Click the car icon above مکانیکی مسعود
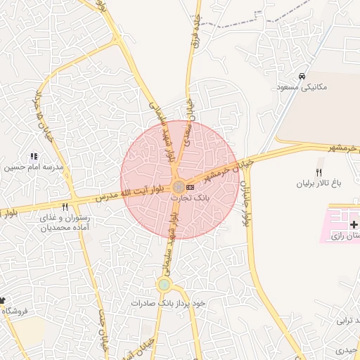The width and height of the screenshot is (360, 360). (302, 77)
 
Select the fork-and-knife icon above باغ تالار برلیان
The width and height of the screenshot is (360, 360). (319, 173)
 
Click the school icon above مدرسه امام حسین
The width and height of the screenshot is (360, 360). (33, 156)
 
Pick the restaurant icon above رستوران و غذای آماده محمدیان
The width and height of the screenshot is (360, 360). (65, 207)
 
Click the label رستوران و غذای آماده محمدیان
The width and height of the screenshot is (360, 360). (65, 223)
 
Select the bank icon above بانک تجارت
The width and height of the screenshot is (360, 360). (190, 187)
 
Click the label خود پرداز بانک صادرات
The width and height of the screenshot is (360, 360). (167, 303)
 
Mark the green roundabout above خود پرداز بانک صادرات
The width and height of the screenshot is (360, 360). (164, 285)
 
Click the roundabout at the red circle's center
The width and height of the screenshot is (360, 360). (179, 186)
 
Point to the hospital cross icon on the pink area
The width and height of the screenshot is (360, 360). (353, 224)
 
